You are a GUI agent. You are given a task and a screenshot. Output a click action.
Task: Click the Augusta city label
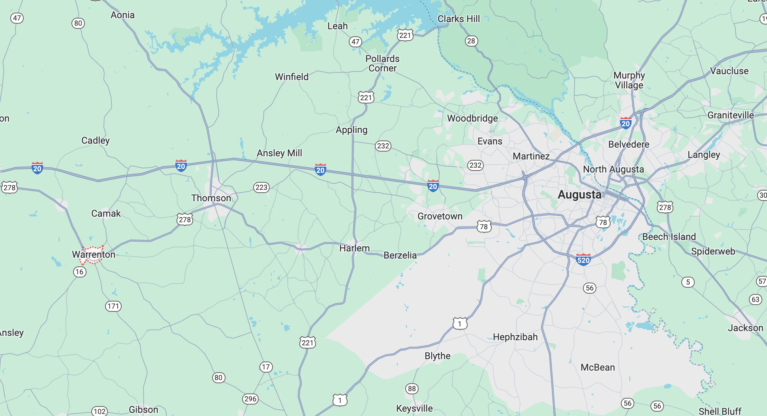pyautogui.click(x=579, y=195)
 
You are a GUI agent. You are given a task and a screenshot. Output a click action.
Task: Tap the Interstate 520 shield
pyautogui.click(x=583, y=260)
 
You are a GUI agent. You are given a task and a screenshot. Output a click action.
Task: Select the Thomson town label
pyautogui.click(x=211, y=198)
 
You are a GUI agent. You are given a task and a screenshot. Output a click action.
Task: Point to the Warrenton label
pyautogui.click(x=94, y=255)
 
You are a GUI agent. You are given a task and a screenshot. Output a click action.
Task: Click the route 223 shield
pyautogui.click(x=261, y=187)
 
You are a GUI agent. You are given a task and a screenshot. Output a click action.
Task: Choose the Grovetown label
pyautogui.click(x=440, y=216)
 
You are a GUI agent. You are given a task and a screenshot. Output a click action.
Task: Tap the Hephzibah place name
pyautogui.click(x=515, y=337)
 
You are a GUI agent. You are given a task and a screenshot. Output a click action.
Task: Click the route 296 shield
pyautogui.click(x=250, y=399)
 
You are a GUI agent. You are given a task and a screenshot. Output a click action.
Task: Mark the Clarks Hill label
pyautogui.click(x=459, y=19)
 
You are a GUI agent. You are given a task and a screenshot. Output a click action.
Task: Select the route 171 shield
pyautogui.click(x=113, y=306)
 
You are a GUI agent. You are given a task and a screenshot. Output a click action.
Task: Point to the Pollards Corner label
pyautogui.click(x=382, y=64)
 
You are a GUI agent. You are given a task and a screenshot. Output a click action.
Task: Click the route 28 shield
pyautogui.click(x=471, y=41)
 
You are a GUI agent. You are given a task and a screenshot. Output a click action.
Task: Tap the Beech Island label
pyautogui.click(x=669, y=237)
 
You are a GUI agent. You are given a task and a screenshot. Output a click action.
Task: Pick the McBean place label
pyautogui.click(x=598, y=367)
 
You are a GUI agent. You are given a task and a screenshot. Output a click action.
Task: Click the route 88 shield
pyautogui.click(x=412, y=389)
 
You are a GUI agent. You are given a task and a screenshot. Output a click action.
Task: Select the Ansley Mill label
pyautogui.click(x=279, y=153)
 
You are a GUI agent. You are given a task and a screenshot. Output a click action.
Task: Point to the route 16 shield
pyautogui.click(x=79, y=272)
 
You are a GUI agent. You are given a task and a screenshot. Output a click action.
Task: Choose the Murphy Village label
pyautogui.click(x=629, y=80)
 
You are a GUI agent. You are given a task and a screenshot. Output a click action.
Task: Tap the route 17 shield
pyautogui.click(x=266, y=367)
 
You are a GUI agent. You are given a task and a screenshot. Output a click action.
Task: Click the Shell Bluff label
pyautogui.click(x=720, y=411)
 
